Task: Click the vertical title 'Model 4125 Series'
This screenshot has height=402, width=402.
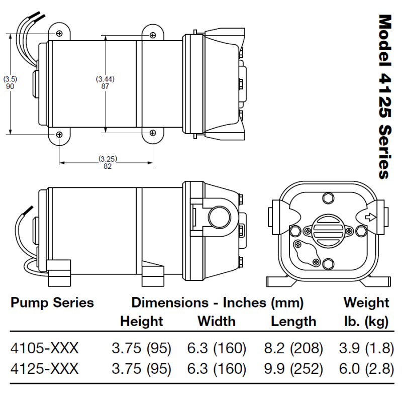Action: [384, 96]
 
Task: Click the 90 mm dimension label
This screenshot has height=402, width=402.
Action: [10, 83]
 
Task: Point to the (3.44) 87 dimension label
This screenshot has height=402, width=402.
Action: [106, 82]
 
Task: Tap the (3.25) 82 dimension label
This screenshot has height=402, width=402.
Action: [108, 163]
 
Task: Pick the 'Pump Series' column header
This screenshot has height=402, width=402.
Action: [52, 303]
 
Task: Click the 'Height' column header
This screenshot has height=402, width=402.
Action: [142, 321]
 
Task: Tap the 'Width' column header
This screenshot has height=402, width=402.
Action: [216, 321]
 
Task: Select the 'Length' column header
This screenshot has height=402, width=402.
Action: [293, 321]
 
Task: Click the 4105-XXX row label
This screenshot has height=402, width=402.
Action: [45, 348]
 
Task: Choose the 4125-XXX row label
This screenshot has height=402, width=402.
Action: [45, 369]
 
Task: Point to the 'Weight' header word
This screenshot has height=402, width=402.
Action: [366, 303]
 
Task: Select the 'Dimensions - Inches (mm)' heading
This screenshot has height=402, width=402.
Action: [218, 303]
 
